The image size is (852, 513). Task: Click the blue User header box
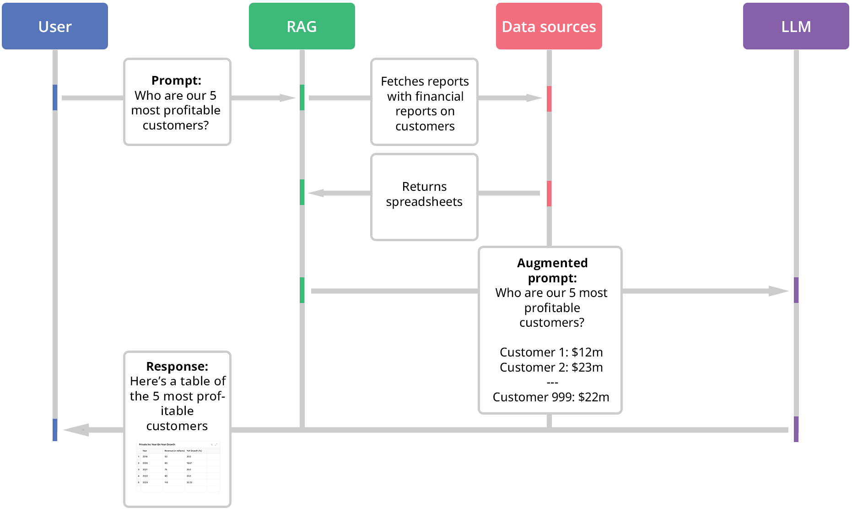click(x=55, y=27)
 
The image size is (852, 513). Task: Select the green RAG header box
click(x=302, y=27)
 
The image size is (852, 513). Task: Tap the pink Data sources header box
click(x=549, y=27)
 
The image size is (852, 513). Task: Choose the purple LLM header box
click(x=796, y=27)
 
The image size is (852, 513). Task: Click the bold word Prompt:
click(x=176, y=81)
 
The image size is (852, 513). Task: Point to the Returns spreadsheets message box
click(x=424, y=197)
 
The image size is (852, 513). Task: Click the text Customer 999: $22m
click(x=551, y=397)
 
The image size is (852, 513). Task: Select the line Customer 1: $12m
click(x=551, y=352)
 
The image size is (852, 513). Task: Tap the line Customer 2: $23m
click(x=551, y=367)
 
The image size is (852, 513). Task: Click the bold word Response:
click(x=177, y=367)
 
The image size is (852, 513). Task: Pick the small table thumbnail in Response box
click(x=178, y=466)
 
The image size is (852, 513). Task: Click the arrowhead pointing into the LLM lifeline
click(x=779, y=291)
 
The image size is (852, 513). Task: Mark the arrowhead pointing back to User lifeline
click(x=75, y=430)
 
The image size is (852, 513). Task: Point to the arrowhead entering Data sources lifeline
click(x=534, y=98)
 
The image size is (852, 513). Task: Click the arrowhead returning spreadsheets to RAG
click(x=316, y=193)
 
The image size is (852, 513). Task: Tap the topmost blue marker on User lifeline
click(x=55, y=97)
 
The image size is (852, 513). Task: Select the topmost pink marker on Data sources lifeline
click(x=549, y=98)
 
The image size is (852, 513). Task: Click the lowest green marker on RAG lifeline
click(x=302, y=290)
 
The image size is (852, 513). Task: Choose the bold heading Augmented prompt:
click(x=552, y=270)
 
